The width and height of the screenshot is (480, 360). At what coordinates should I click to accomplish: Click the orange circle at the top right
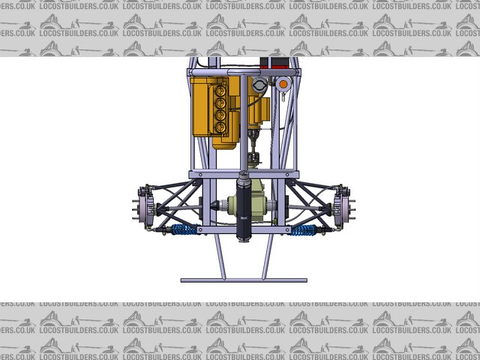click(x=283, y=84)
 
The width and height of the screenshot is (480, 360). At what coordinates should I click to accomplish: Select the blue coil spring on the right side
click(x=303, y=230)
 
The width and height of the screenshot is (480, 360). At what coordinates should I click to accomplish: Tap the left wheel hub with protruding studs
click(x=142, y=209)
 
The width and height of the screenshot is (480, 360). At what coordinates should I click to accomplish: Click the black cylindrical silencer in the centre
click(x=244, y=207)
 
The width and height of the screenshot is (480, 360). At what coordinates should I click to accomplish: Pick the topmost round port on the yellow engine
click(x=220, y=91)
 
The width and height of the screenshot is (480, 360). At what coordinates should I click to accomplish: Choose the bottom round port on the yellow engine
click(x=220, y=127)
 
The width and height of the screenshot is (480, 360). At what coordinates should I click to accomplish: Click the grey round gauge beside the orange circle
click(x=259, y=84)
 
